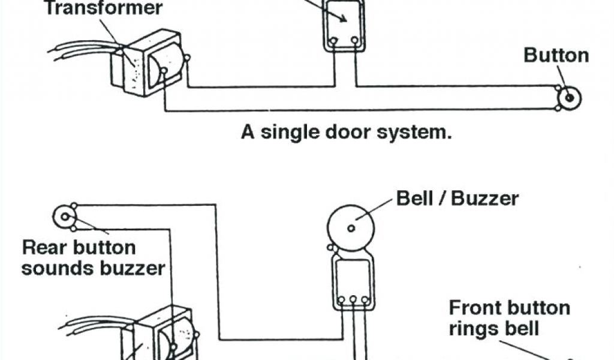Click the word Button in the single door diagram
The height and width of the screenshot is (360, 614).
(x=556, y=56)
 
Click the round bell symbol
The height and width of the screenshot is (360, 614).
(x=351, y=228)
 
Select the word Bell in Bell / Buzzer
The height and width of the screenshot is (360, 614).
(x=415, y=199)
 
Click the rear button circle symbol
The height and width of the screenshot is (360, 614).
(x=63, y=217)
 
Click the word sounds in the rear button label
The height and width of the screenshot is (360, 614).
(x=55, y=268)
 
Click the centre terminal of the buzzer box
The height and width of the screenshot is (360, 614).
(x=353, y=299)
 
